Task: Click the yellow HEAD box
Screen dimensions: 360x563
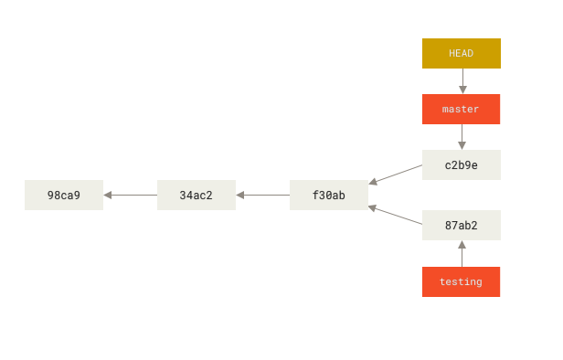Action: [x=461, y=53]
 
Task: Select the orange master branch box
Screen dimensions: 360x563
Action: [x=461, y=109]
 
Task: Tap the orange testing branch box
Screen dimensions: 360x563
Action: [x=461, y=281]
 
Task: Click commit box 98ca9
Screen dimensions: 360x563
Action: [x=64, y=195]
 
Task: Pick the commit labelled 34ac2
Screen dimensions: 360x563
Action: [x=196, y=195]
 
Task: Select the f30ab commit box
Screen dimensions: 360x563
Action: [x=328, y=195]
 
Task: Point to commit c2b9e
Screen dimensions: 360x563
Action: [x=461, y=165]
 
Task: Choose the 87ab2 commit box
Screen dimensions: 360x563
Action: [x=461, y=226]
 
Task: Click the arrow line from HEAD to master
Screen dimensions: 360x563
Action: [x=462, y=79]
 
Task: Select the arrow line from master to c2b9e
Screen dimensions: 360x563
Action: [x=462, y=134]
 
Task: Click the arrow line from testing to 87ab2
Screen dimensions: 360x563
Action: [x=462, y=256]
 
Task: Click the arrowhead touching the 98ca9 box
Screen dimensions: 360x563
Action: [x=108, y=195]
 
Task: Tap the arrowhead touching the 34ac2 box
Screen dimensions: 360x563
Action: [x=240, y=195]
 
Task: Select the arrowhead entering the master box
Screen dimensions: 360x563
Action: [x=462, y=90]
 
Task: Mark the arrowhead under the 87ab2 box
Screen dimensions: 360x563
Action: [x=462, y=245]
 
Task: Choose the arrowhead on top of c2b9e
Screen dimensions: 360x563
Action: [x=462, y=145]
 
